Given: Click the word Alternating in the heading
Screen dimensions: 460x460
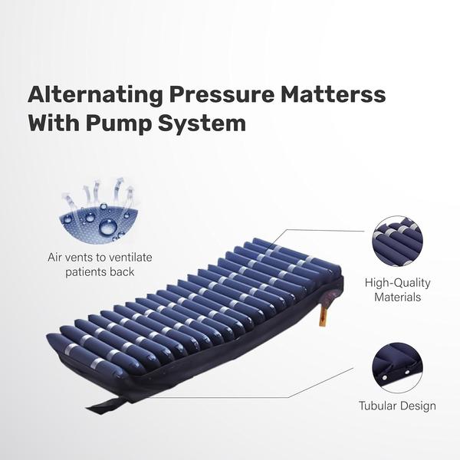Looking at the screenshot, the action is point(95,95).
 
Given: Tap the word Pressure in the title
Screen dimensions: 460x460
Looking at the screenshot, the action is point(222,95).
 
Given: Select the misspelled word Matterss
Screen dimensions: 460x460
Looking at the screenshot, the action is point(333,94).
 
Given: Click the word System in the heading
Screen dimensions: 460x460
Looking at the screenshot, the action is point(202,123).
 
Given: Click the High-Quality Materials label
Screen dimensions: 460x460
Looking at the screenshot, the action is point(397,290).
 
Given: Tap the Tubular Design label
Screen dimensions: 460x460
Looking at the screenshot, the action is point(397,406).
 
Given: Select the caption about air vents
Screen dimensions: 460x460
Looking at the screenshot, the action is point(100,264).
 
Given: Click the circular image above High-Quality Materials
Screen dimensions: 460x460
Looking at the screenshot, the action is point(398,242).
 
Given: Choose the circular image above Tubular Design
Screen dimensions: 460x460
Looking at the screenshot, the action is point(398,368).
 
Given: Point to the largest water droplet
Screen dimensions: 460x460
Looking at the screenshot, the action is point(108,227).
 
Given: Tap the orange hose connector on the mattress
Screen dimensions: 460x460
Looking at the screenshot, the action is point(324,315).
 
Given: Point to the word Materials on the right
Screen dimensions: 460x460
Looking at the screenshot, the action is point(397,297).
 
